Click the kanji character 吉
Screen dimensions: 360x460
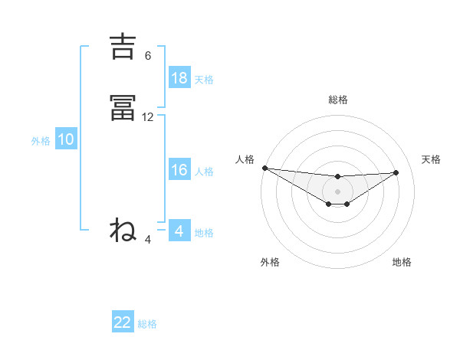[123, 47]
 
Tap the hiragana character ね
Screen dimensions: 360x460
[123, 230]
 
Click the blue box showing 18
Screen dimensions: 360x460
[179, 77]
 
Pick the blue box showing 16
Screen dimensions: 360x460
[179, 170]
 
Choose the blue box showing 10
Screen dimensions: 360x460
[66, 139]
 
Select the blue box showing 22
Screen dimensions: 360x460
[123, 322]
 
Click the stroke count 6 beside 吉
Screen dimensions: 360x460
[148, 56]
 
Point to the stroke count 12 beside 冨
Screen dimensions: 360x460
[148, 117]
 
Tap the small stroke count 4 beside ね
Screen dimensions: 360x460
[148, 240]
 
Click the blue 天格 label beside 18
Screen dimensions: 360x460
[204, 80]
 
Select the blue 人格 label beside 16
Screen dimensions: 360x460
[204, 172]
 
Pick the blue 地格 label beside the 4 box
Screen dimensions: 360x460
[204, 233]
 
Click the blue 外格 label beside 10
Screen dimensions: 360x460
[41, 141]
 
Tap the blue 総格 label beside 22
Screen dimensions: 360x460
[147, 324]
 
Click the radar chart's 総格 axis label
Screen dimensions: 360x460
[337, 100]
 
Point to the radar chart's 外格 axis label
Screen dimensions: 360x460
[270, 262]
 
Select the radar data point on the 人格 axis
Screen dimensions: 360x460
[264, 168]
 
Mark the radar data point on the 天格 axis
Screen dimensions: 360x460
[396, 172]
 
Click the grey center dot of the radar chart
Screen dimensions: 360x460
[337, 191]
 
